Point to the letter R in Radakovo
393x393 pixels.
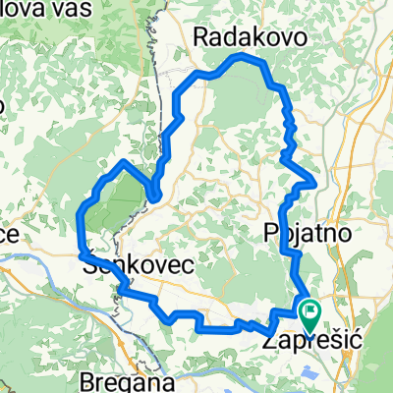pyautogui.click(x=203, y=37)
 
